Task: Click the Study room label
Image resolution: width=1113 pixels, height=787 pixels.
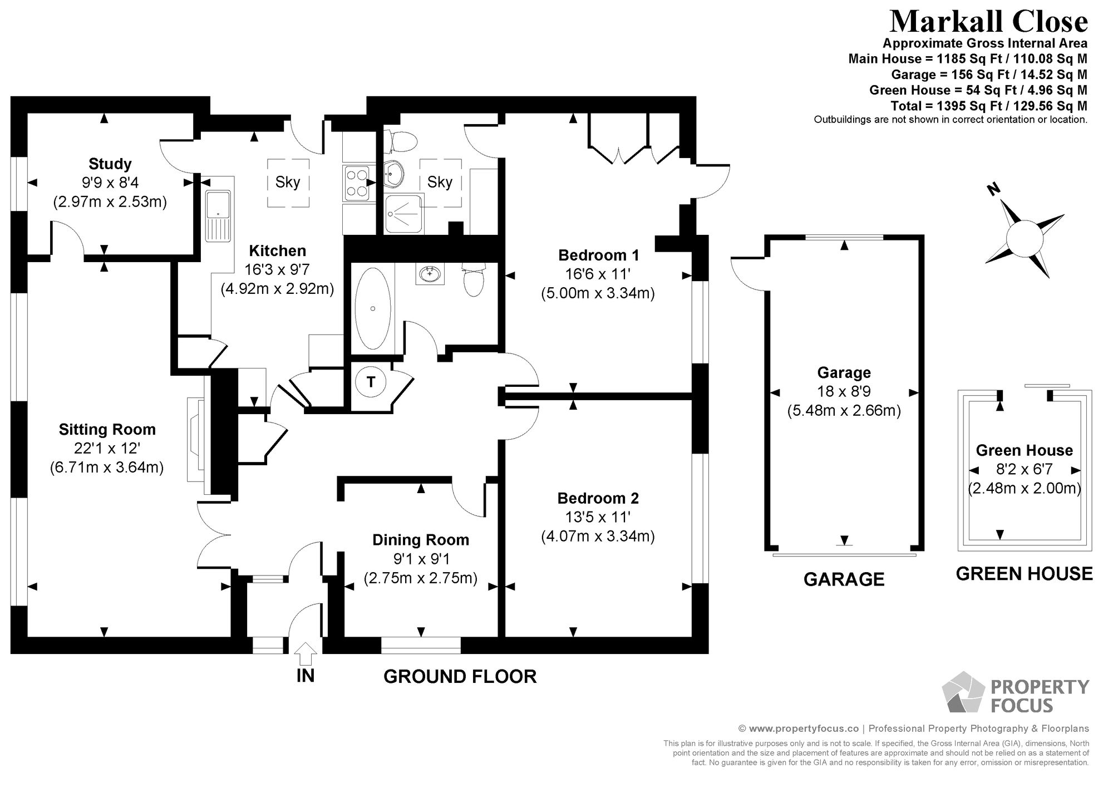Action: click(110, 164)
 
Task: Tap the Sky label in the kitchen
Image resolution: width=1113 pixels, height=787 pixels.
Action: click(288, 182)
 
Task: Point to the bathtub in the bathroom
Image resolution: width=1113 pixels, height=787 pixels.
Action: click(373, 308)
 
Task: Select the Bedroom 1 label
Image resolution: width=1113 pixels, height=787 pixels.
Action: click(598, 255)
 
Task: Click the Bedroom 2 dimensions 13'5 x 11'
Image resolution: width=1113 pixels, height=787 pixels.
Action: click(598, 517)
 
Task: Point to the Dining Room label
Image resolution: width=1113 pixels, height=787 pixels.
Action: click(421, 540)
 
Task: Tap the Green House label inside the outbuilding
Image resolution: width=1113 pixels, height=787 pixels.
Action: click(1025, 450)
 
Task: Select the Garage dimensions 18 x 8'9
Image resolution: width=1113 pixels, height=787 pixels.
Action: click(844, 391)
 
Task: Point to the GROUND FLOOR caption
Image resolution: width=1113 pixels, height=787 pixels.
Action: click(460, 676)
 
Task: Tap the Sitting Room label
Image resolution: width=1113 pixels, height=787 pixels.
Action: click(107, 429)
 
